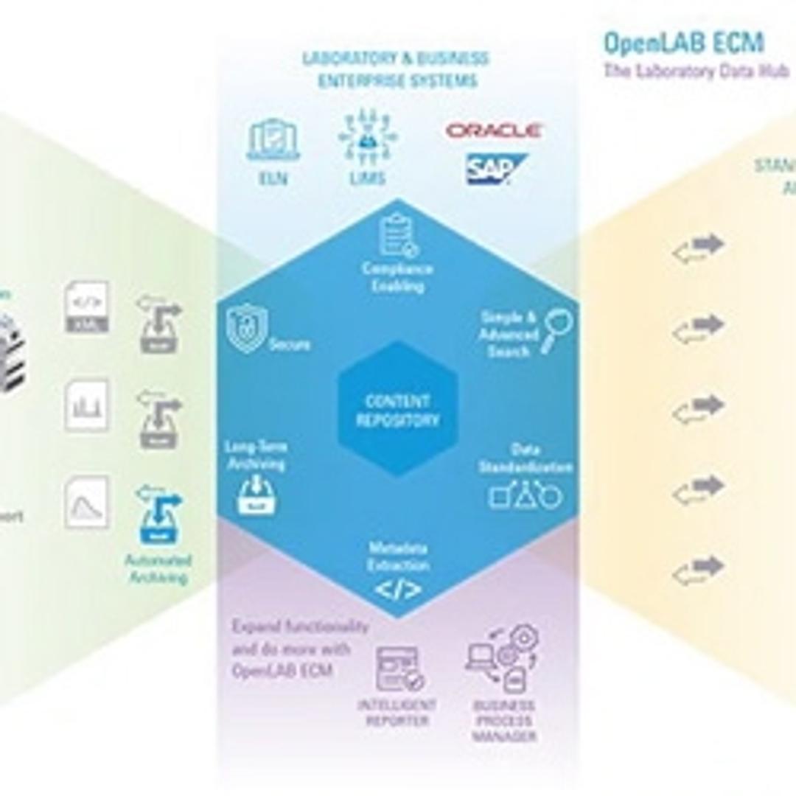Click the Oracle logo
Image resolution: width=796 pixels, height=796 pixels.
(x=494, y=131)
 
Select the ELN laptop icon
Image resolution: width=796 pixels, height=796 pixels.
(x=273, y=140)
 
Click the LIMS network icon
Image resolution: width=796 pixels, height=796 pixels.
(x=366, y=139)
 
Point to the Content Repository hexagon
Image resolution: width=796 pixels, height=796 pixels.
(x=397, y=410)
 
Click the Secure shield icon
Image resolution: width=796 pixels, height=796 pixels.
(x=247, y=329)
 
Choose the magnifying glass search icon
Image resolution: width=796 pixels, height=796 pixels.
(x=559, y=331)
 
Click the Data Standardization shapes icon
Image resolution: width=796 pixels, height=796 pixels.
(x=526, y=496)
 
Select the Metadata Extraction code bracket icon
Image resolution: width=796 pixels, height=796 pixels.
(x=398, y=590)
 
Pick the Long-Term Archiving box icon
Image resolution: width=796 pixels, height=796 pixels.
(x=257, y=496)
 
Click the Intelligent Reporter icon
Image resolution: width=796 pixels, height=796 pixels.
(x=399, y=669)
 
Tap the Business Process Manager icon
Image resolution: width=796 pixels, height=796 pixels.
(x=503, y=657)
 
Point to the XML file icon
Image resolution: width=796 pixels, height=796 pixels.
(x=86, y=306)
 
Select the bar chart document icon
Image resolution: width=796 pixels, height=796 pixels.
(x=86, y=405)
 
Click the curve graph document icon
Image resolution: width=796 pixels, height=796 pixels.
(x=86, y=502)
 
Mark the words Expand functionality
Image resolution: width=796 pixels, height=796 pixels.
(x=300, y=627)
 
